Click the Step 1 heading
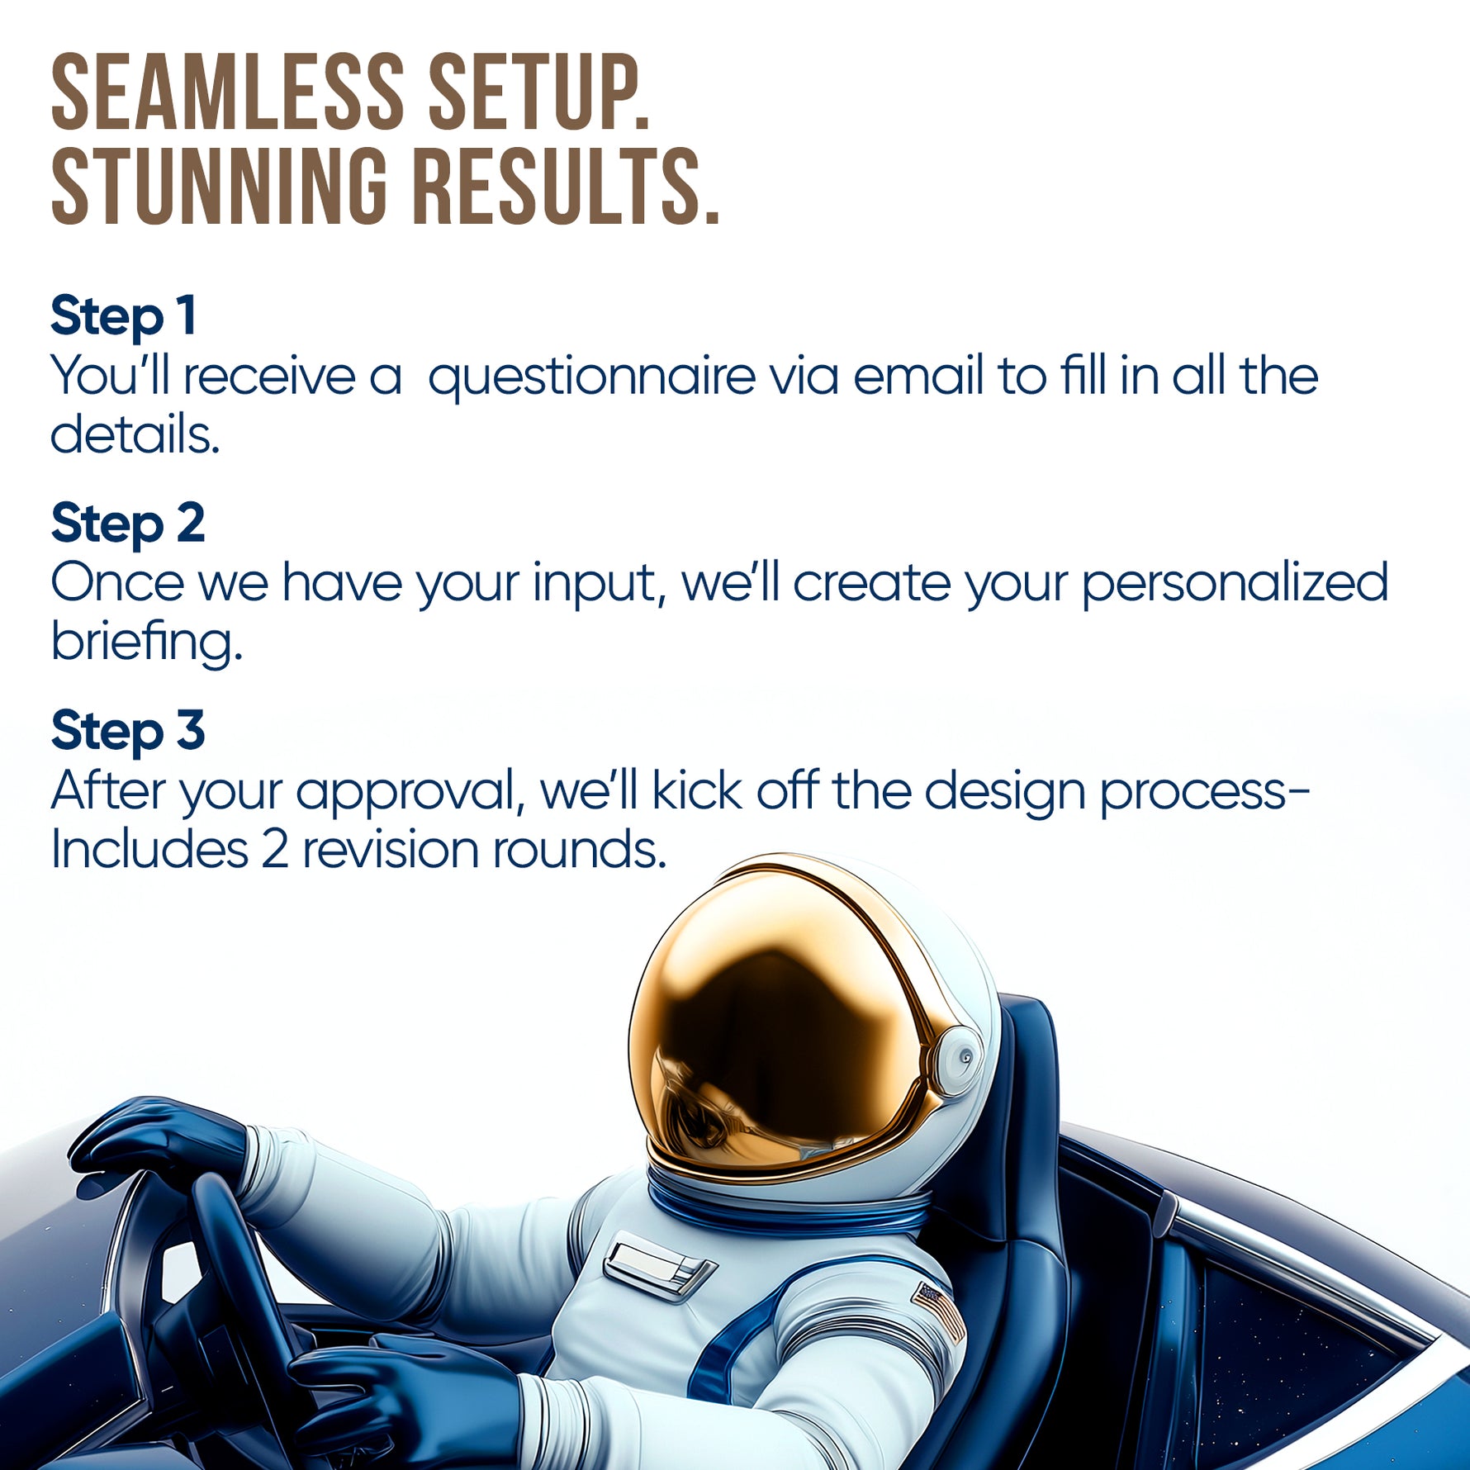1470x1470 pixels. (124, 316)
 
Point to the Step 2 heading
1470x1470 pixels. (128, 524)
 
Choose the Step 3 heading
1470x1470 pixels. (128, 732)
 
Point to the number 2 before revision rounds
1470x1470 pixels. (275, 851)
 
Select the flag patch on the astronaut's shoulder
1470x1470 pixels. (938, 1311)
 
